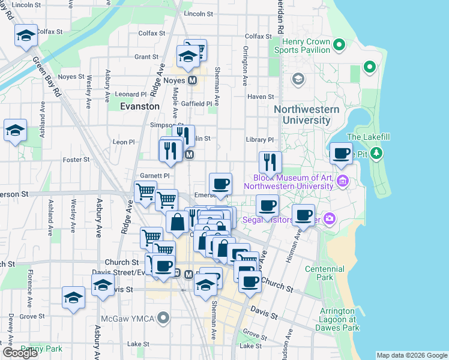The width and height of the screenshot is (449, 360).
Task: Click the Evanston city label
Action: tap(140, 106)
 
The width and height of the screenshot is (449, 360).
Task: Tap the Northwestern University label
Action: tap(306, 115)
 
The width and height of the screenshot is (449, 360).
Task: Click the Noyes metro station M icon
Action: tap(193, 80)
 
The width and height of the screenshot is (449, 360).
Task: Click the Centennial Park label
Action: tap(324, 274)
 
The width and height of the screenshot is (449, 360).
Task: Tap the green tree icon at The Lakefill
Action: tap(376, 153)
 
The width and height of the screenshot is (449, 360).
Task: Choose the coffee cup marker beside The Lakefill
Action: tap(342, 153)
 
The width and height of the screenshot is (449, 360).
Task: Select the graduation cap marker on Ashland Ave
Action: tap(15, 130)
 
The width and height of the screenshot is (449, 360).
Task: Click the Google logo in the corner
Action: tap(20, 353)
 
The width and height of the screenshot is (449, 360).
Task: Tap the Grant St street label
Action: tap(146, 57)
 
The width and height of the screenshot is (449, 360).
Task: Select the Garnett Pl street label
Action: tap(155, 176)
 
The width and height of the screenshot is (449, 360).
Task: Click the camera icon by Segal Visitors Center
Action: tap(330, 219)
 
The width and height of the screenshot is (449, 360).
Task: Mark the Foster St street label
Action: tap(76, 160)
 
